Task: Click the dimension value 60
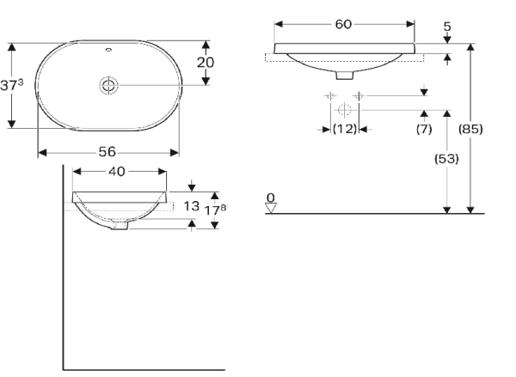(x=343, y=24)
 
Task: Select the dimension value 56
(x=107, y=151)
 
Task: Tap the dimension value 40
(x=116, y=171)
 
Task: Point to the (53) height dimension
(x=446, y=159)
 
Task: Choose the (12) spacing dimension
(x=345, y=129)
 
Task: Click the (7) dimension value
(x=423, y=129)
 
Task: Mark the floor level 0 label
(x=271, y=198)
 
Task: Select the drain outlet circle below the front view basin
(x=344, y=110)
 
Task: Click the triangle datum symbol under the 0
(x=271, y=208)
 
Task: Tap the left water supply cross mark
(x=329, y=95)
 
